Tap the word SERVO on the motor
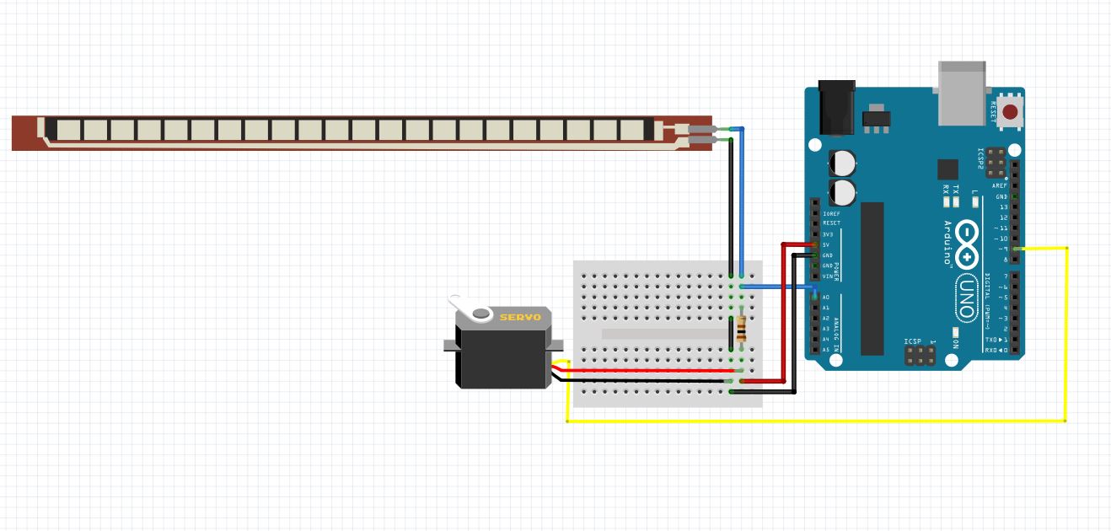pos(520,317)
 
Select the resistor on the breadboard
pos(741,329)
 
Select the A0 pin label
pos(826,298)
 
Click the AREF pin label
pos(1000,185)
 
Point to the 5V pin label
pos(827,244)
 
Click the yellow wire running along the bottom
pos(809,421)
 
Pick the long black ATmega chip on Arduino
pos(872,278)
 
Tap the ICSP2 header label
pos(980,158)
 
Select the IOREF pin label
pos(830,213)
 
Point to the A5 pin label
pos(826,349)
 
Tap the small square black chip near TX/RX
pos(948,169)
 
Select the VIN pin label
pos(827,276)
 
